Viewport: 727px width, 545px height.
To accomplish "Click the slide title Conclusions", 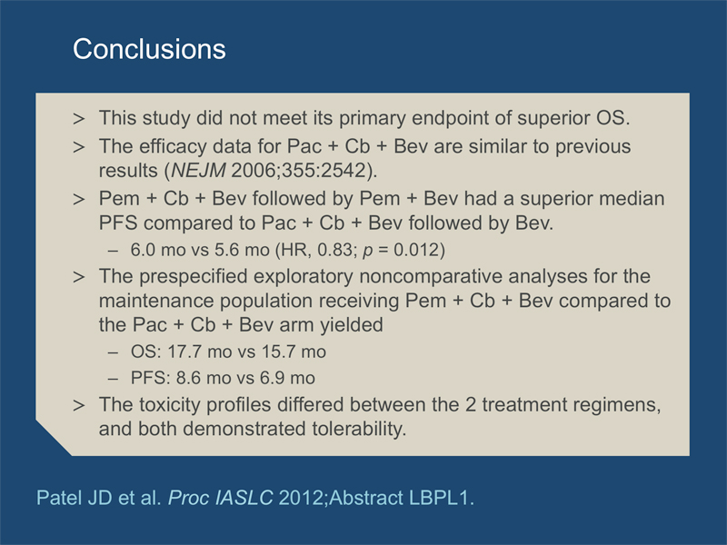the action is point(149,49).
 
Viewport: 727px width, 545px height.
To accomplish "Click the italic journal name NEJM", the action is point(198,171).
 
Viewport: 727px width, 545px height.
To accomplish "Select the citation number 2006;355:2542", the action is point(299,171).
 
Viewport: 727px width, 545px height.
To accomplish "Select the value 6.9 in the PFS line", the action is point(272,378).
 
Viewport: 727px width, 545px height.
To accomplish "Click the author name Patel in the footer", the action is point(56,498).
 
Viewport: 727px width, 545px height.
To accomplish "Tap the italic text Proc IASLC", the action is point(221,498).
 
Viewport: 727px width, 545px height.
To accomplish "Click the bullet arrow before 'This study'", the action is point(79,119).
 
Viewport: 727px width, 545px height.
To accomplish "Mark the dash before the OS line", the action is point(113,352).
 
